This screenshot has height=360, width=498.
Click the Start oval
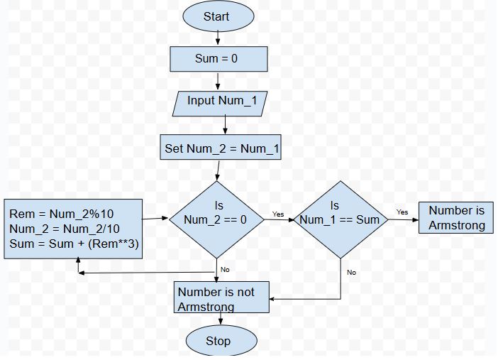click(x=216, y=17)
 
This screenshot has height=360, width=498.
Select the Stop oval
click(x=218, y=342)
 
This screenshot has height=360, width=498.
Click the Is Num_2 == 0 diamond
click(x=216, y=219)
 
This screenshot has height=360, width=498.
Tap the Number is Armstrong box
click(x=457, y=218)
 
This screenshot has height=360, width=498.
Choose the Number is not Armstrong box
click(x=221, y=298)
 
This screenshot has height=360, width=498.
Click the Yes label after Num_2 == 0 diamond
click(x=278, y=214)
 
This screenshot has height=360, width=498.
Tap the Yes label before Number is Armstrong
click(x=402, y=212)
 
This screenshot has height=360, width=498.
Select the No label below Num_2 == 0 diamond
click(x=225, y=269)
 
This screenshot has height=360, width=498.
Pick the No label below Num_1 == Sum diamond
click(x=351, y=272)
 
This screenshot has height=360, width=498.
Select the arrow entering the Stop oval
click(x=220, y=320)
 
